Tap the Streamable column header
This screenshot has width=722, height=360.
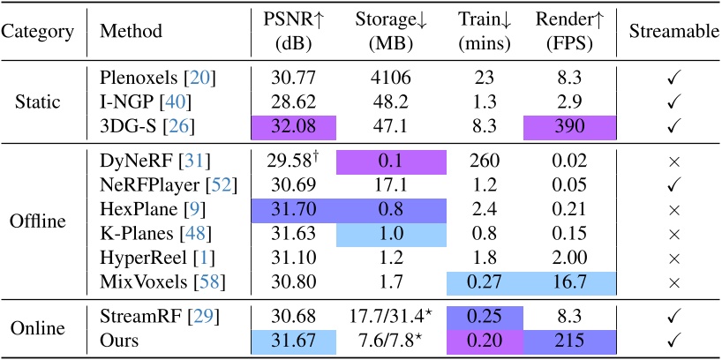click(x=673, y=32)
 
